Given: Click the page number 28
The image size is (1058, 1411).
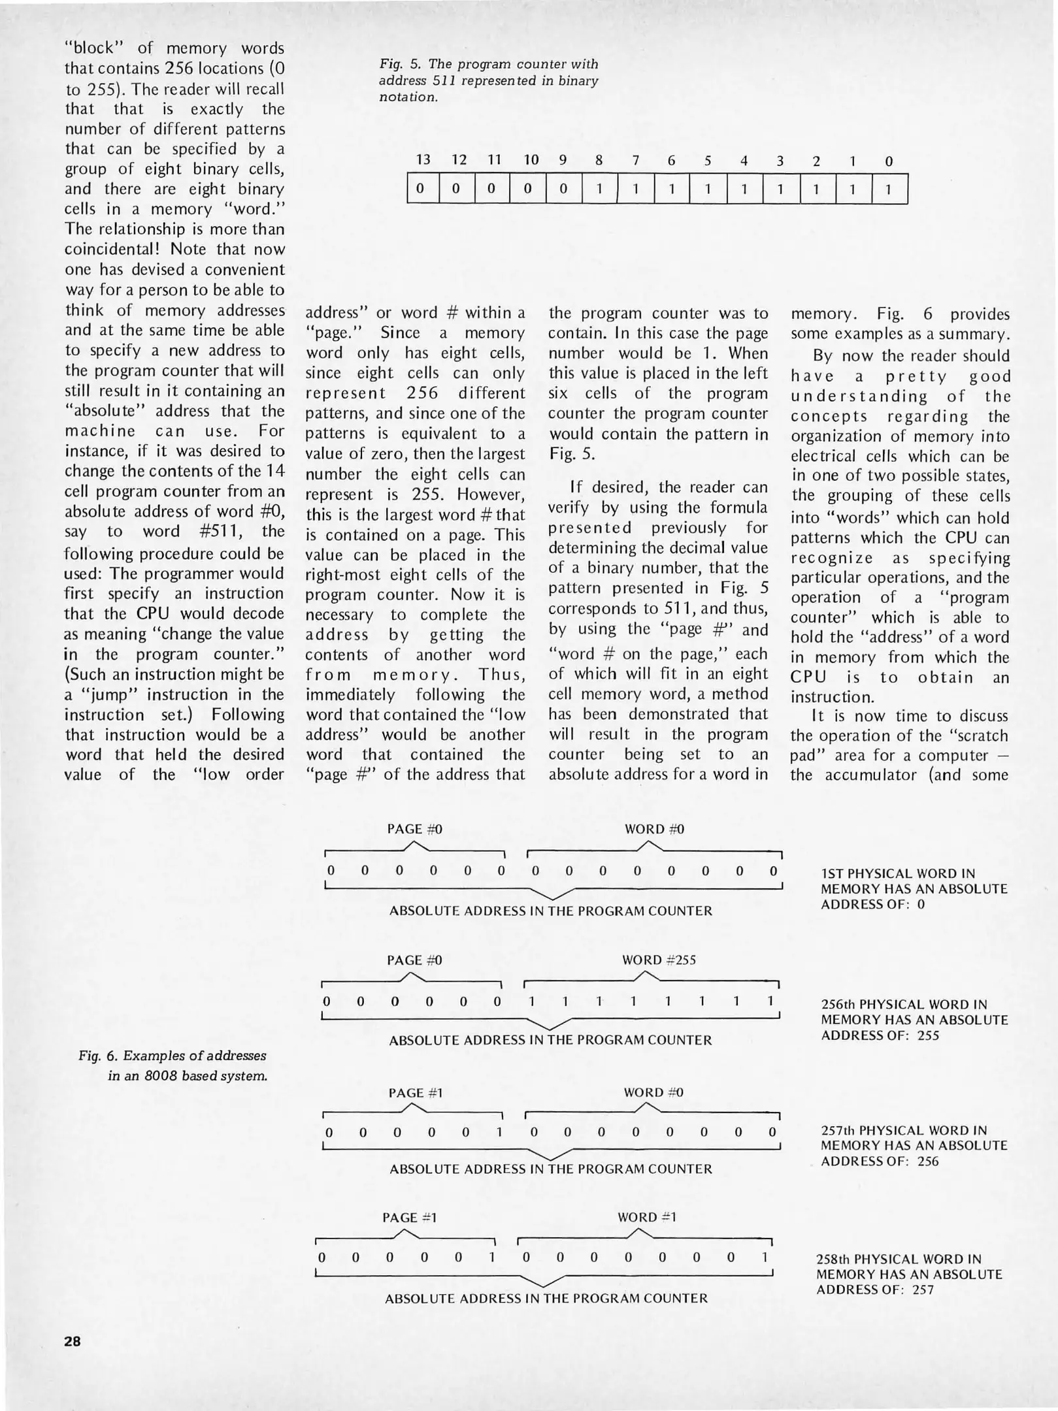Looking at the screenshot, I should click(73, 1341).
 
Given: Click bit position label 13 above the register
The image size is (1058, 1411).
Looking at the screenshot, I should click(423, 160).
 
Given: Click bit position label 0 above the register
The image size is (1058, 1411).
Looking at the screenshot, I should click(889, 160).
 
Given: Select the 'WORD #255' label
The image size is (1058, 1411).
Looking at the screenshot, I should click(659, 960).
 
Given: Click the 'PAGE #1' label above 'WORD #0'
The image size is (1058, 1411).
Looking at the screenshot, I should click(416, 1093).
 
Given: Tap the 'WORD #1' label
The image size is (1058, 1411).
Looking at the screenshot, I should click(647, 1217).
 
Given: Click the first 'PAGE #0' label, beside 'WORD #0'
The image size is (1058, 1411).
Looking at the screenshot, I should click(414, 829).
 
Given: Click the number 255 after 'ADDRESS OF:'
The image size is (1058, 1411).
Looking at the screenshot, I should click(927, 1035).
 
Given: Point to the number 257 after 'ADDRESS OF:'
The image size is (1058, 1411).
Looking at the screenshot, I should click(922, 1289).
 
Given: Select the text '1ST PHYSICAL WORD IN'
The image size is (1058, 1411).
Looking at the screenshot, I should click(898, 873).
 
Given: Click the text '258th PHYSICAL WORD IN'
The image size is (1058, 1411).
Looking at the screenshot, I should click(899, 1259).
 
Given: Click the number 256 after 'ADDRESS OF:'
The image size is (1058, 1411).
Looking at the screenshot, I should click(927, 1161).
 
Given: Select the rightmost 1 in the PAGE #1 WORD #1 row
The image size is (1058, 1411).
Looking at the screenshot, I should click(765, 1257).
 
